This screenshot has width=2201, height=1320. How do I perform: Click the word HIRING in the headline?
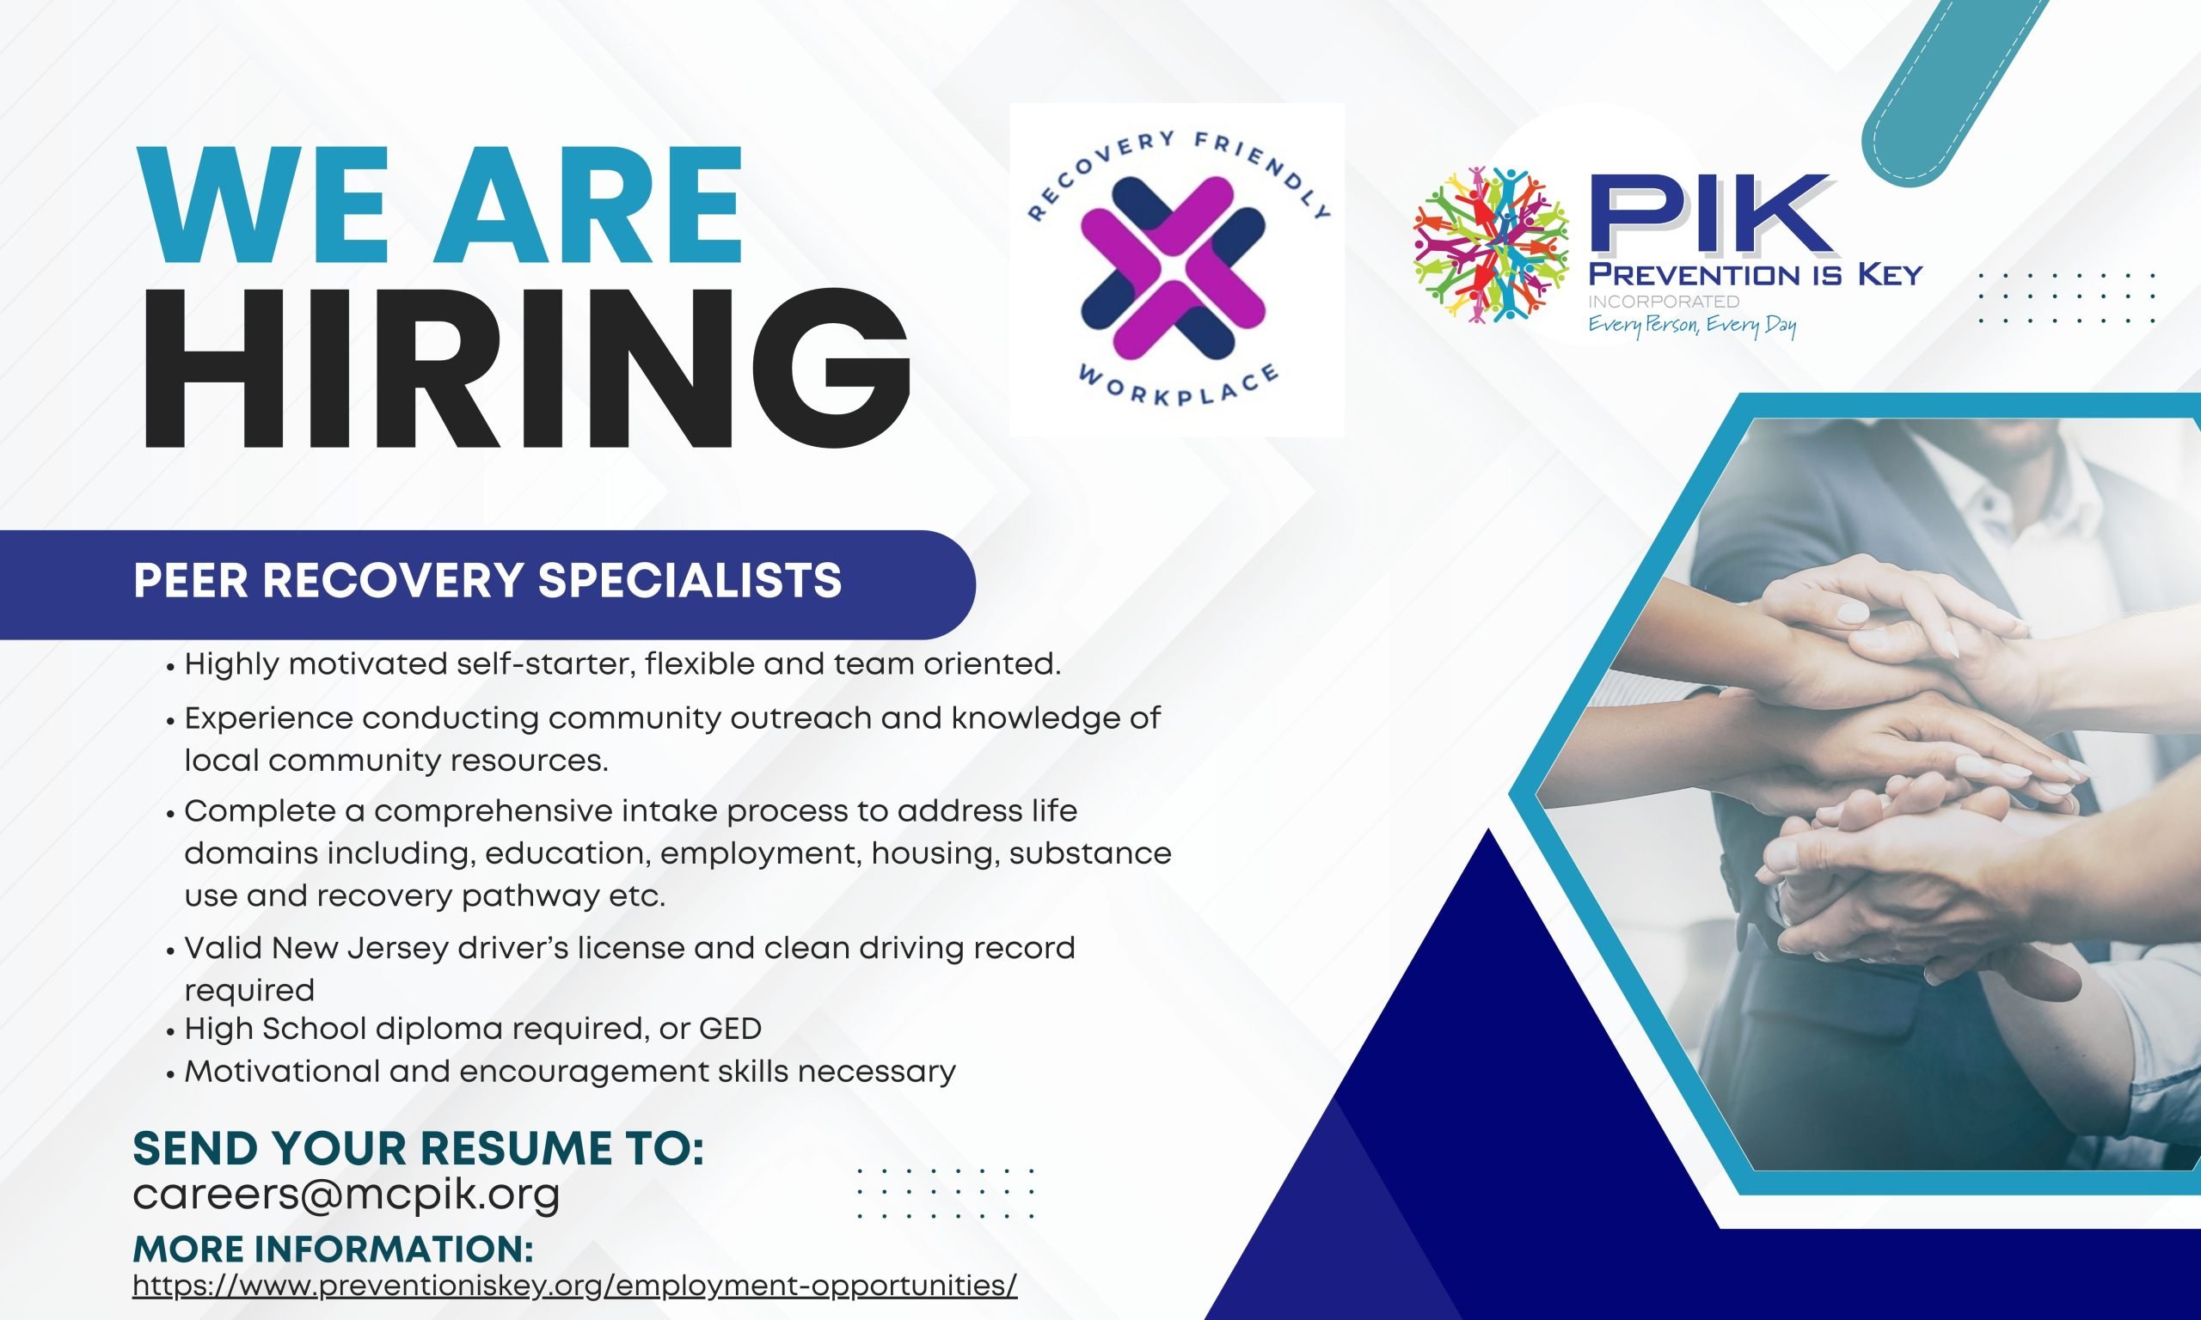coord(526,371)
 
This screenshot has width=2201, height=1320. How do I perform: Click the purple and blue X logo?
coord(1173,264)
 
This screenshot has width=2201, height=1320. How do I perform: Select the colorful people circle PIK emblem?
coord(1491,244)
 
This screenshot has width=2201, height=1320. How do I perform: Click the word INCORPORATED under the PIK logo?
coord(1664,302)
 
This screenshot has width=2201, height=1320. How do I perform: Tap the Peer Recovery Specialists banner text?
coord(487,582)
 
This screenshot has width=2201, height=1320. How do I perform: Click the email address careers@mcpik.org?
coord(346,1194)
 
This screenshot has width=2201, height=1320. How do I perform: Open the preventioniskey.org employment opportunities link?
coord(574,1286)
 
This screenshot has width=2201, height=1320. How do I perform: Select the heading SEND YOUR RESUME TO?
coord(418,1148)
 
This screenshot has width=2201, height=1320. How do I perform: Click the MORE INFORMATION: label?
coord(334,1249)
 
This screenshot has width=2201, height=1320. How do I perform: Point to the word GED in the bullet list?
coord(731,1030)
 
